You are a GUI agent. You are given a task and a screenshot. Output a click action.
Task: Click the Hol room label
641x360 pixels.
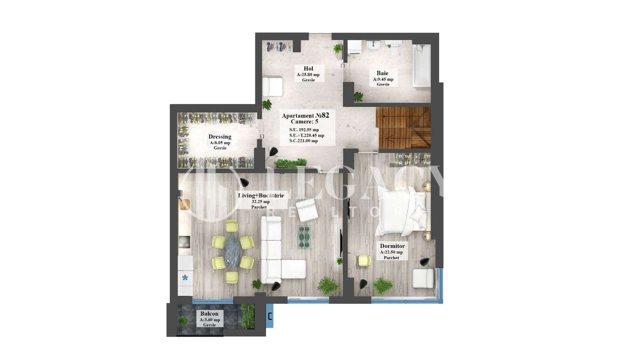[x=308, y=69]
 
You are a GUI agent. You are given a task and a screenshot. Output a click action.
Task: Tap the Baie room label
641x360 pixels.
[x=383, y=73]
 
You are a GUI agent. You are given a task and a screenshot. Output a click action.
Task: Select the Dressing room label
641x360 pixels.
[x=220, y=137]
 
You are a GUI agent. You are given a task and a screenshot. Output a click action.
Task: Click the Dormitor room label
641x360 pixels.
[x=392, y=246]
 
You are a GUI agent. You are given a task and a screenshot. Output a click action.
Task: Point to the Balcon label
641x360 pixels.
[x=209, y=313]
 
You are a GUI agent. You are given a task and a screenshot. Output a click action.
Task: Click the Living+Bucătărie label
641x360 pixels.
[x=260, y=195]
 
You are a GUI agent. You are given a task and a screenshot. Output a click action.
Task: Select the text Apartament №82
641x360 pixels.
[x=305, y=115]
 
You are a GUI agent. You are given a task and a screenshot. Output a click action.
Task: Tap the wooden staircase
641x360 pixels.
[x=403, y=128]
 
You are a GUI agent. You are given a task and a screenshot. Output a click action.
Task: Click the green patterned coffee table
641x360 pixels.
[x=305, y=236]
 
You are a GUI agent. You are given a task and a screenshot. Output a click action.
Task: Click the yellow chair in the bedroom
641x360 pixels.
[x=364, y=261]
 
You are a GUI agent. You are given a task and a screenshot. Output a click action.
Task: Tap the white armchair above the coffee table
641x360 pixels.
[x=306, y=210]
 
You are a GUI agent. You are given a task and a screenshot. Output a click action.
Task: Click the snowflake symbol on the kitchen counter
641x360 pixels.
[x=185, y=277]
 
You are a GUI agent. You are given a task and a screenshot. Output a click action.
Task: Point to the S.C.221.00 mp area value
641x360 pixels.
[x=303, y=141]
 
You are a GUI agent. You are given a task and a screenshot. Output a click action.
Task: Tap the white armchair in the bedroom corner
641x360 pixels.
[x=423, y=278]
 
